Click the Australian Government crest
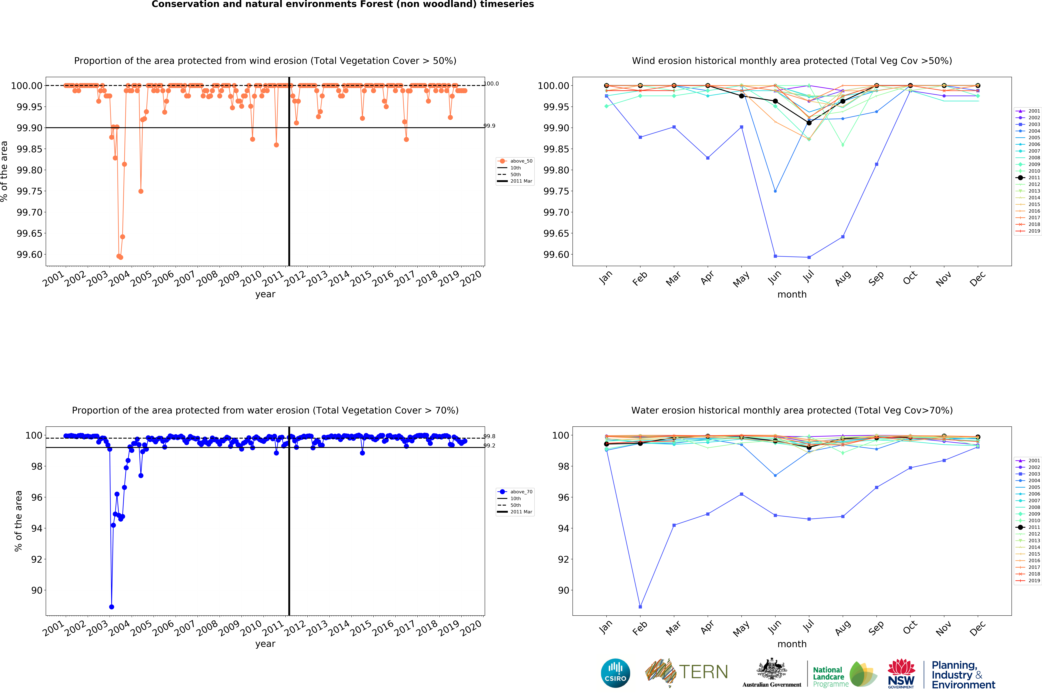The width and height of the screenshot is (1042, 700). tap(771, 670)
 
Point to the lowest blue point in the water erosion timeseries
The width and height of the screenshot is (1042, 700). tap(112, 607)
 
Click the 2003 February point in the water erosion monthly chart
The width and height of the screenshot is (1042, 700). tap(640, 607)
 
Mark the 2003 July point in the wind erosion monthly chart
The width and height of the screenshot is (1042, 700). tap(809, 257)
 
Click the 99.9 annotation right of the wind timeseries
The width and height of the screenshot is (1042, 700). tap(490, 126)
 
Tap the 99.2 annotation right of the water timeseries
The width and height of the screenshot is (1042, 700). tap(490, 446)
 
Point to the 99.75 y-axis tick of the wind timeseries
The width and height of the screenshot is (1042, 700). tap(30, 191)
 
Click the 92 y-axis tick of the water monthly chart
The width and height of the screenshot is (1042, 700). tap(563, 559)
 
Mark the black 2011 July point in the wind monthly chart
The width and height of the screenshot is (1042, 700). tap(809, 123)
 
